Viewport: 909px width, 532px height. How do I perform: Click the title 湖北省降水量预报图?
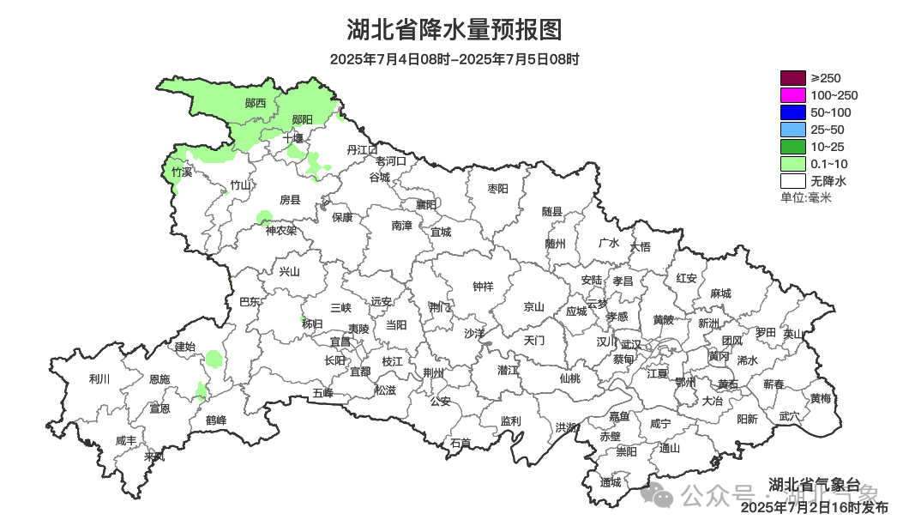click(x=454, y=30)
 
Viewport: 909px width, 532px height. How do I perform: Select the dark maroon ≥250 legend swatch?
click(x=792, y=78)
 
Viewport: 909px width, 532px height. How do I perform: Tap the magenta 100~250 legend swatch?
click(x=792, y=95)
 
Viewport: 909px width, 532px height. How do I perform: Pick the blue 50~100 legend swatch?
click(x=792, y=112)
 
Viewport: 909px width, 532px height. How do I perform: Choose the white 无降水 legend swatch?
click(x=792, y=181)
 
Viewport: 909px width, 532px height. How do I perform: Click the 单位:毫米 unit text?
click(x=805, y=198)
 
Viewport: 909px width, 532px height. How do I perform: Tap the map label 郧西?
click(x=255, y=103)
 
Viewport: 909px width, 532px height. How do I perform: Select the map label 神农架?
click(x=280, y=230)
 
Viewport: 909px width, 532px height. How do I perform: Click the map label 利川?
click(x=99, y=378)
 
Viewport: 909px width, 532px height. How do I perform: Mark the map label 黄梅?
click(x=821, y=398)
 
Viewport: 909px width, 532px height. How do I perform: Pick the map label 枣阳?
click(x=497, y=188)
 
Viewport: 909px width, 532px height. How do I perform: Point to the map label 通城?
click(x=611, y=482)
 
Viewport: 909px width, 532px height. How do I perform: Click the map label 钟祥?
click(x=484, y=287)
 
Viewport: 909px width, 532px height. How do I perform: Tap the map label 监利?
click(x=510, y=420)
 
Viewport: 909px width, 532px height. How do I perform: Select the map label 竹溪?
click(x=181, y=172)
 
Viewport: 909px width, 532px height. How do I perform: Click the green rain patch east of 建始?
click(x=214, y=358)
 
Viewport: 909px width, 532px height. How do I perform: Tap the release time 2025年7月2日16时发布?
click(x=815, y=508)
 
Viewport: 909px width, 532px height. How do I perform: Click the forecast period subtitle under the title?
click(x=454, y=59)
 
